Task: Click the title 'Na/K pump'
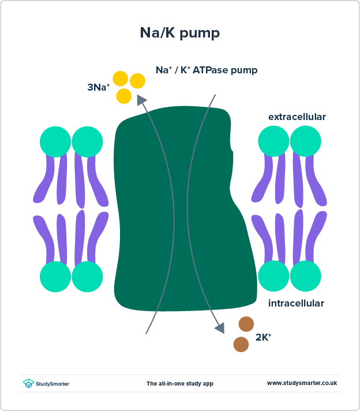tap(179, 33)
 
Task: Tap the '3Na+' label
tap(98, 88)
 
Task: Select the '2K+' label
tap(263, 337)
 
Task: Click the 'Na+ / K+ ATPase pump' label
tap(207, 70)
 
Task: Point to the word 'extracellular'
tap(297, 117)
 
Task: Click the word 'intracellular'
tap(296, 303)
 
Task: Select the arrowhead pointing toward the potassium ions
tap(220, 328)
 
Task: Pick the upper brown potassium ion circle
tap(246, 324)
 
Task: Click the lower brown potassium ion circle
tap(241, 345)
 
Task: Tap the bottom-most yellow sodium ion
tap(124, 96)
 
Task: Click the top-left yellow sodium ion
tap(120, 79)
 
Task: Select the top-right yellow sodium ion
tap(137, 81)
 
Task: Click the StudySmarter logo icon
tap(28, 383)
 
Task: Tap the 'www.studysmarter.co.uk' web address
tap(302, 383)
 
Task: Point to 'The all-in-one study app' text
tap(179, 383)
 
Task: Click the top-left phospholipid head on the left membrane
tap(55, 141)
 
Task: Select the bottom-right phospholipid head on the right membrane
tap(305, 277)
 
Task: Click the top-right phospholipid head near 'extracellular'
tap(305, 141)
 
